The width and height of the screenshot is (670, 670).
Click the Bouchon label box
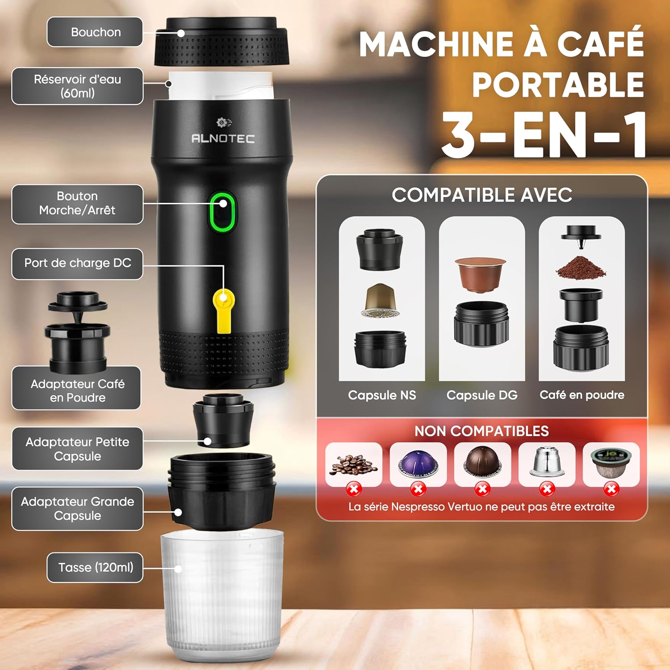(x=95, y=32)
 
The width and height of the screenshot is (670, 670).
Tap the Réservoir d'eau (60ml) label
(x=77, y=86)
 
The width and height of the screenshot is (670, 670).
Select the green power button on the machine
(x=222, y=212)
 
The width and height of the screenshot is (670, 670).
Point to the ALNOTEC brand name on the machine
(x=223, y=138)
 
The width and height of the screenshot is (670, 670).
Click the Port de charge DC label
(x=77, y=264)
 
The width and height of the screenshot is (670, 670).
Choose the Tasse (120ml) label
(x=95, y=567)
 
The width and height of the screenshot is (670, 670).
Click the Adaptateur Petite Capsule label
(x=77, y=449)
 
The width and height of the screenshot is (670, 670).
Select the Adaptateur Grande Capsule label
(x=77, y=509)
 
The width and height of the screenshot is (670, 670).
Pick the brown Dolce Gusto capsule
(x=480, y=273)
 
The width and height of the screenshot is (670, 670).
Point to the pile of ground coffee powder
(x=581, y=267)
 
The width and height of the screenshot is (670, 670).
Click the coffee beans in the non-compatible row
(x=353, y=465)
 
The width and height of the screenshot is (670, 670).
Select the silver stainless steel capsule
(x=547, y=462)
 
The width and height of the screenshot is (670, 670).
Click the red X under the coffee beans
(x=354, y=489)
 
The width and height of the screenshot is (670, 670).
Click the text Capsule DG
(x=482, y=395)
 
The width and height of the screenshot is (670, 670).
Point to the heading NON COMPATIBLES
(x=482, y=431)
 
